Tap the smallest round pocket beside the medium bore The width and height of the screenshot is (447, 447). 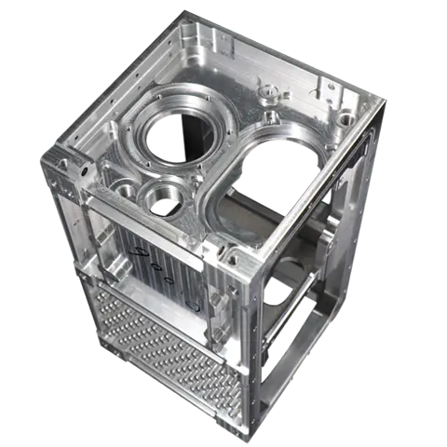pyautogui.click(x=125, y=190)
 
